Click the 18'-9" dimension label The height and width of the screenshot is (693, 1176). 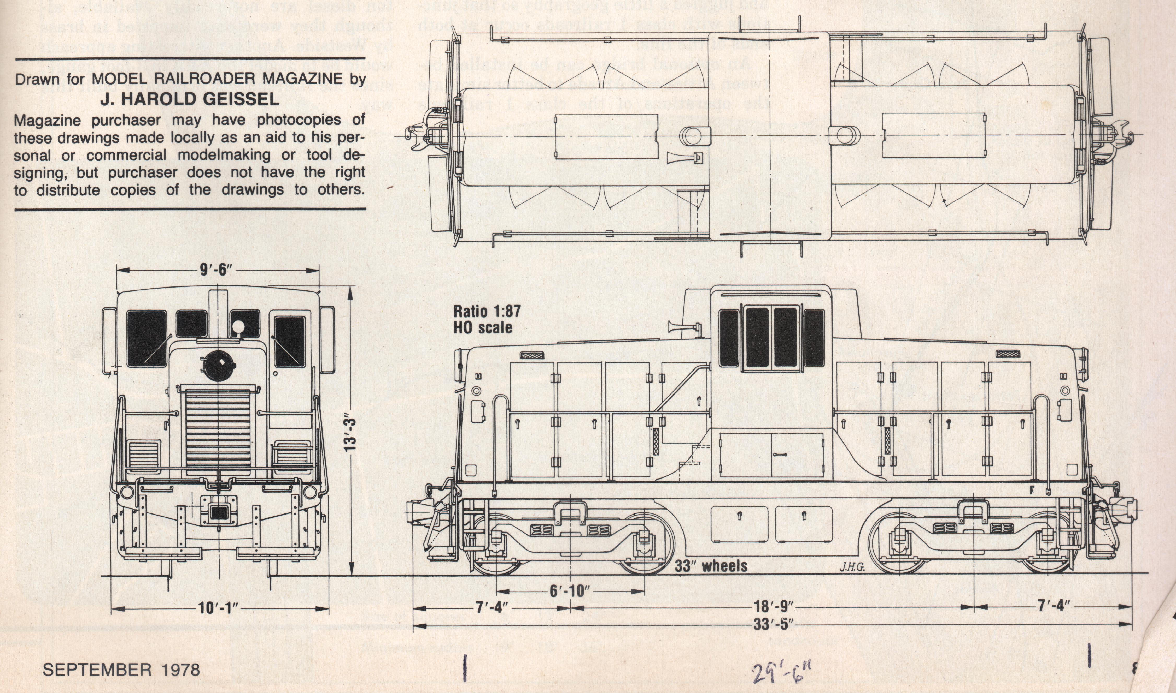pyautogui.click(x=774, y=607)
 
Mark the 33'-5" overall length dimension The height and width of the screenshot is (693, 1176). pyautogui.click(x=774, y=624)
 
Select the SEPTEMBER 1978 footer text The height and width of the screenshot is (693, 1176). pyautogui.click(x=121, y=670)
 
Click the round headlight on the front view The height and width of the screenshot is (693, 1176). pyautogui.click(x=218, y=366)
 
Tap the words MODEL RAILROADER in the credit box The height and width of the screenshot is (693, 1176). pyautogui.click(x=173, y=79)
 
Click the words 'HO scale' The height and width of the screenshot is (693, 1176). pyautogui.click(x=482, y=328)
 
